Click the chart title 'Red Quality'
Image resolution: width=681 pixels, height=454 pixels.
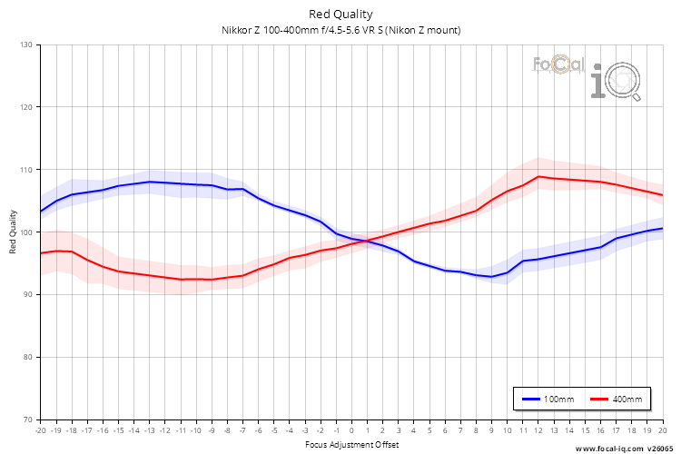click(x=340, y=14)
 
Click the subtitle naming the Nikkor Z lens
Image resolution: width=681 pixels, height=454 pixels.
click(x=340, y=30)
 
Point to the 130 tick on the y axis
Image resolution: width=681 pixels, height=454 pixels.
click(x=25, y=44)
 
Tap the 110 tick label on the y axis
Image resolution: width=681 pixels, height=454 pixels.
click(x=25, y=170)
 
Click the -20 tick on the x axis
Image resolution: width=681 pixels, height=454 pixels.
click(x=40, y=431)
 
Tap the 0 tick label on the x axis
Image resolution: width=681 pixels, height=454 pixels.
click(x=351, y=431)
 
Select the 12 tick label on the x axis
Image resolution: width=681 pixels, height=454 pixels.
click(x=538, y=431)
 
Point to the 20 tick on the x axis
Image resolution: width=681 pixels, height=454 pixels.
click(x=662, y=431)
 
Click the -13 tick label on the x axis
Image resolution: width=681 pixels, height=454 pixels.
click(x=149, y=431)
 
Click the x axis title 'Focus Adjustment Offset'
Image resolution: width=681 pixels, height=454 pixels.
click(x=350, y=445)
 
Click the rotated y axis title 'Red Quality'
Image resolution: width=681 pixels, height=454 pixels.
click(x=13, y=232)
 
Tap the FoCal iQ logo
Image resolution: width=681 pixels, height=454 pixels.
click(x=586, y=76)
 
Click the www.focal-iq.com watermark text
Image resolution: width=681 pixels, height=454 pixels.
click(x=608, y=449)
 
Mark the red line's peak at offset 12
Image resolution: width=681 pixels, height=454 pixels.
click(x=538, y=176)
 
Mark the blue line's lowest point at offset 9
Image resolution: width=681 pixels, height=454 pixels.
click(x=491, y=277)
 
